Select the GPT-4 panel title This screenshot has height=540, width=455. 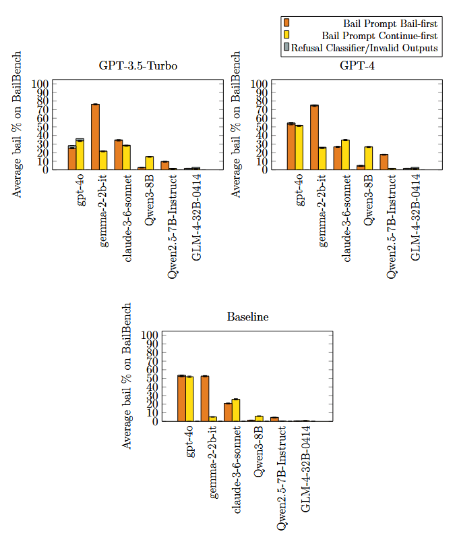[357, 66]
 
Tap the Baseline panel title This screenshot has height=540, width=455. [247, 317]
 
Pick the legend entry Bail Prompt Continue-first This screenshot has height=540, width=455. [380, 35]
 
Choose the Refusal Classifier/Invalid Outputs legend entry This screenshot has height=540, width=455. [363, 48]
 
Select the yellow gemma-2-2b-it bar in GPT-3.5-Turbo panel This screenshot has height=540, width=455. [103, 161]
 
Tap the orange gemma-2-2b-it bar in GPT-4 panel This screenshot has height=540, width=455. [314, 138]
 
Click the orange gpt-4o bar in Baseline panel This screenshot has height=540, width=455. [181, 398]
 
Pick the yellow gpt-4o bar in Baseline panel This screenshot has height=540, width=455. [189, 399]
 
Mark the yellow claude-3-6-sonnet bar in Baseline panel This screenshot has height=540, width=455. [236, 410]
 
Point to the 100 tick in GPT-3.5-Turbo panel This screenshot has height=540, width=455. [42, 84]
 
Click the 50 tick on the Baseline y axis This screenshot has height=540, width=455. [151, 378]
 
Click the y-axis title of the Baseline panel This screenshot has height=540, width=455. [127, 375]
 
